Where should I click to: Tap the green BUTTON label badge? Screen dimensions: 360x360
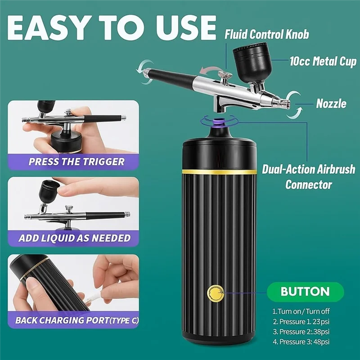coord(305,291)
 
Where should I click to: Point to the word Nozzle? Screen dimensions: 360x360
coord(331,103)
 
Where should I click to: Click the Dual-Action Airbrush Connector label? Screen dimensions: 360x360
coord(309,176)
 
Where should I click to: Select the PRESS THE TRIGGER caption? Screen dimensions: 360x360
coord(76,161)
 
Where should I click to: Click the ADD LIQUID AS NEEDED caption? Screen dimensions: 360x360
coord(74,238)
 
